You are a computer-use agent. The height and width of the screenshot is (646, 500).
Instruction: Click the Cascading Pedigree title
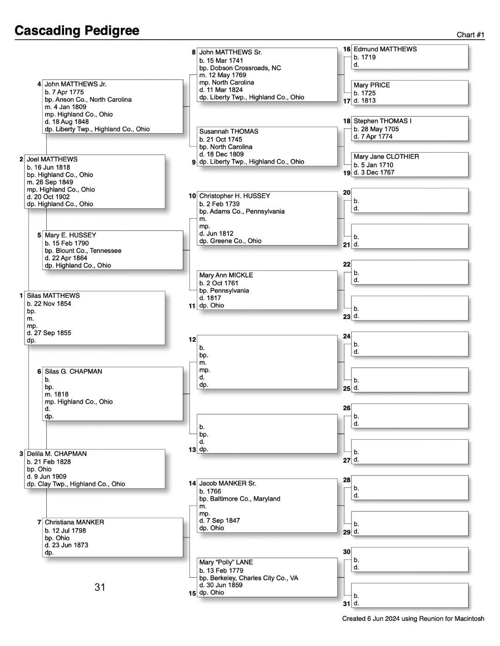[77, 31]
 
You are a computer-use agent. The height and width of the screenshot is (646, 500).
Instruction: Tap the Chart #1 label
[470, 35]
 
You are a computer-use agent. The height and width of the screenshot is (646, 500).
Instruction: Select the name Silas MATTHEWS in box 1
[53, 295]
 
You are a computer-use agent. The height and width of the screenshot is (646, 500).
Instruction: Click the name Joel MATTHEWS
[52, 159]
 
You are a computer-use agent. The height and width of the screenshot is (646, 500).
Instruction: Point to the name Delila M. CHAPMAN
[56, 454]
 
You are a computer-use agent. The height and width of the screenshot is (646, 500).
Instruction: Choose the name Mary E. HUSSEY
[70, 235]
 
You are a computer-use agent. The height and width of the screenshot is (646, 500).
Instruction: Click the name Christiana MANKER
[74, 522]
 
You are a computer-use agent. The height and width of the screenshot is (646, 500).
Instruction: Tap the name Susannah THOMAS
[229, 131]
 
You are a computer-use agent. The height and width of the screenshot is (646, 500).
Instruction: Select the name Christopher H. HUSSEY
[234, 196]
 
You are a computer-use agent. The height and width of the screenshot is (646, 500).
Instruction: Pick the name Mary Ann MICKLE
[226, 275]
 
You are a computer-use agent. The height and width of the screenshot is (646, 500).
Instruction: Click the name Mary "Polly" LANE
[226, 562]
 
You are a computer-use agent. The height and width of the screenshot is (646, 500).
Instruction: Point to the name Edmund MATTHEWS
[385, 49]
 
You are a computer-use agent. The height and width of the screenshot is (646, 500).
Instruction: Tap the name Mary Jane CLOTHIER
[386, 157]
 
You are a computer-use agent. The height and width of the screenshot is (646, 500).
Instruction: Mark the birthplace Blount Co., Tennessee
[88, 251]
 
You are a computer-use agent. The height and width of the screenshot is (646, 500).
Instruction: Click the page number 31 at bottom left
[100, 587]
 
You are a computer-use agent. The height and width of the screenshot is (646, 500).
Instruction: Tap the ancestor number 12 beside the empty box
[192, 339]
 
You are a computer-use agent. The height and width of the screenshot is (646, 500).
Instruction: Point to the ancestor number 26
[347, 408]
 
